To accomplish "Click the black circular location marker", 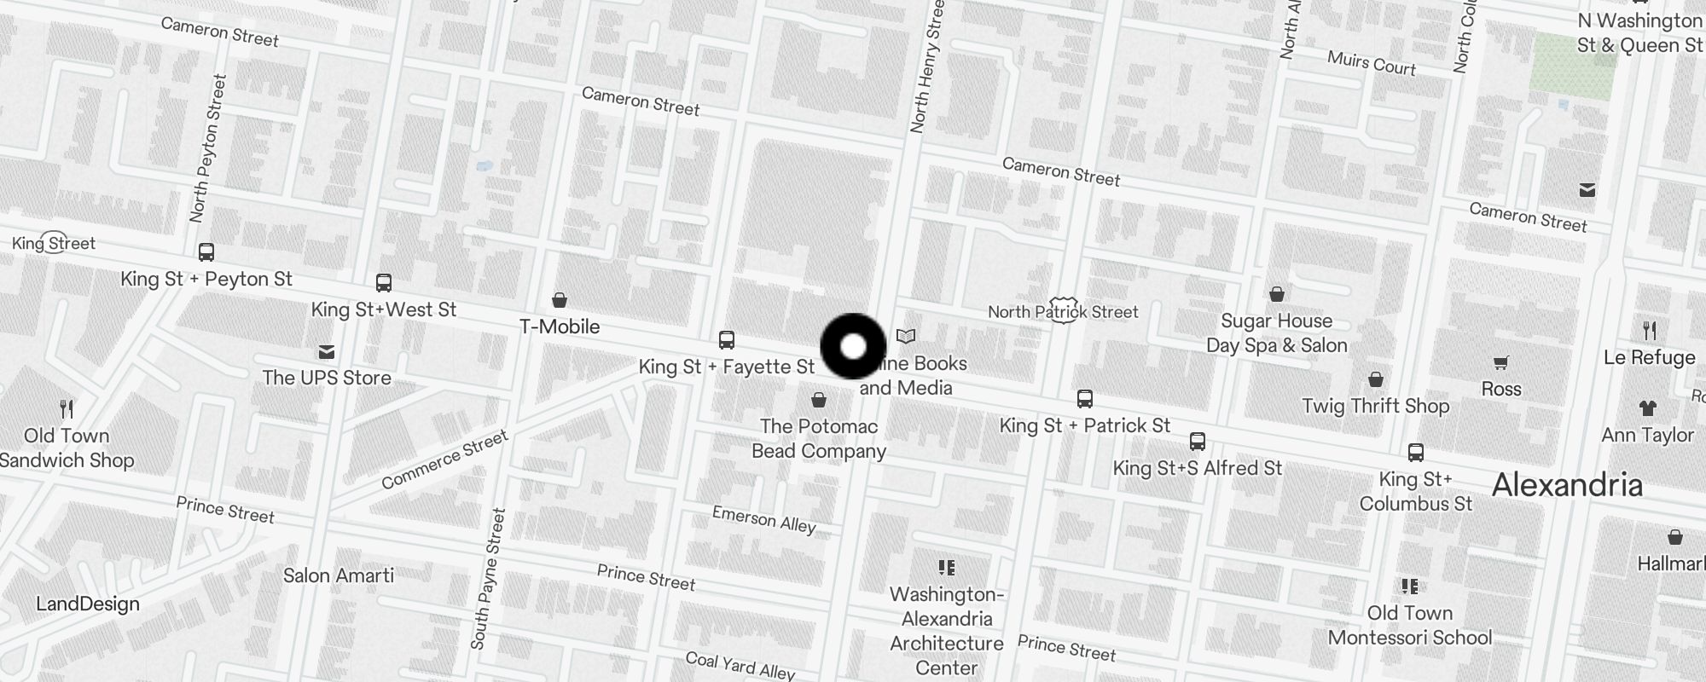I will [x=853, y=346].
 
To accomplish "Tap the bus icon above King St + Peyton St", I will [x=206, y=252].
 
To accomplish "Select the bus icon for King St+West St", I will [x=384, y=283].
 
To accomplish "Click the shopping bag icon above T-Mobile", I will [x=560, y=300].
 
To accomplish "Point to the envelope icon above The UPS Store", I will [x=326, y=352].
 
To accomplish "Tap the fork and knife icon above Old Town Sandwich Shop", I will [x=67, y=409].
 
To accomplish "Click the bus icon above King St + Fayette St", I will [x=727, y=340].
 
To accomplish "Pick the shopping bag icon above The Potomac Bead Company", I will [x=819, y=400].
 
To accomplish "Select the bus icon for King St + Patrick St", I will [x=1085, y=399].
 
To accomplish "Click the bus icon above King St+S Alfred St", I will [x=1198, y=442].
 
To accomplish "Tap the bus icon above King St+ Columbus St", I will [x=1416, y=453].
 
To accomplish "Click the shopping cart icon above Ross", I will [x=1501, y=363].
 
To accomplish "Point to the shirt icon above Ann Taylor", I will [x=1647, y=408].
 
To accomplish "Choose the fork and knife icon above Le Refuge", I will [x=1650, y=331].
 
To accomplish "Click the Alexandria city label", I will [x=1567, y=485].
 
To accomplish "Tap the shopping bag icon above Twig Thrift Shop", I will [x=1376, y=379].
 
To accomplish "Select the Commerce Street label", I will [x=444, y=460].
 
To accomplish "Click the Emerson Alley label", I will [x=764, y=519].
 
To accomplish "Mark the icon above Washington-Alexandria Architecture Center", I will [x=946, y=568].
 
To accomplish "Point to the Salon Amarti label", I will [x=339, y=575].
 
